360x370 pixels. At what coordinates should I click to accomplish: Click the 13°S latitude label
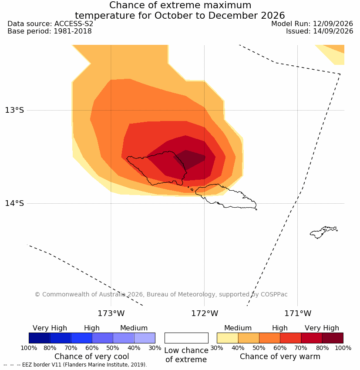click(14, 110)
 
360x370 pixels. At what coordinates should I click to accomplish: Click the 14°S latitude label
click(14, 203)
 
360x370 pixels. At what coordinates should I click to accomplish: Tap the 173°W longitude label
click(111, 313)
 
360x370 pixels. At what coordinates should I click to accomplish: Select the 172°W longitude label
click(205, 313)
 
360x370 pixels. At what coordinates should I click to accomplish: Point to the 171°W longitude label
click(298, 313)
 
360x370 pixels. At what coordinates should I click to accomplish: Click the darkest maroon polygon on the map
click(189, 159)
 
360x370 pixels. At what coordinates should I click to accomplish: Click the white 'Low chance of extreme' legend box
click(186, 338)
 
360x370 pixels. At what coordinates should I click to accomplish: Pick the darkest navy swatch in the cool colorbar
click(40, 338)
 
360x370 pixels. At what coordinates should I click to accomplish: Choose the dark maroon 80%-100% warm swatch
click(333, 338)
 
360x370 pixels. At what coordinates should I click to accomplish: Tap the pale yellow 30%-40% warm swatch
click(227, 338)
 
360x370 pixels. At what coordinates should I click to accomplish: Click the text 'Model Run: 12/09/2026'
click(312, 24)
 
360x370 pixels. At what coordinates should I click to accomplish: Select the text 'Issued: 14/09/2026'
click(320, 31)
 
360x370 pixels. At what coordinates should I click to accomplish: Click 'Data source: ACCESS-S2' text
click(50, 24)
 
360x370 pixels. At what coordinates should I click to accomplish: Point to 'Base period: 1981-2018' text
click(50, 31)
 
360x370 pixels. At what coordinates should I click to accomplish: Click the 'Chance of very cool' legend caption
click(92, 357)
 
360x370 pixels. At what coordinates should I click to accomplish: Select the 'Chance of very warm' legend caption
click(280, 357)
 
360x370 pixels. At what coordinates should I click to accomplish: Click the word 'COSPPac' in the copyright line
click(274, 295)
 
